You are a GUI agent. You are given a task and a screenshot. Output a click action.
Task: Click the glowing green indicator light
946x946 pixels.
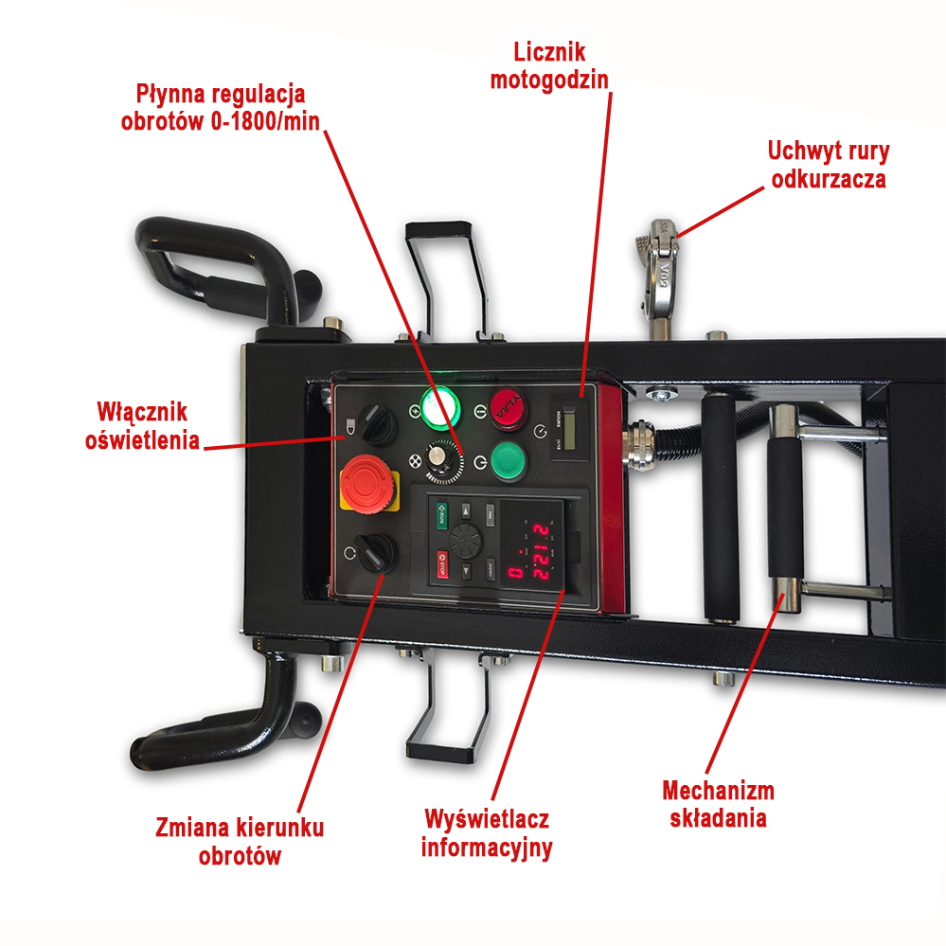(439, 409)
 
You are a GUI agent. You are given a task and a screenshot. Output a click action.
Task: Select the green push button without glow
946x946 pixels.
(509, 461)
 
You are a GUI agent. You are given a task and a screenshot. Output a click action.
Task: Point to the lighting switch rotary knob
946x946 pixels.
(377, 424)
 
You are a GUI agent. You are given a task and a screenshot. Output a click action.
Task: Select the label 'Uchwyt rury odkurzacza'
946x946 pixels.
(829, 165)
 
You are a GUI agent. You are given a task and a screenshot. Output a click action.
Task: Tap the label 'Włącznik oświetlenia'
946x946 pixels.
(142, 426)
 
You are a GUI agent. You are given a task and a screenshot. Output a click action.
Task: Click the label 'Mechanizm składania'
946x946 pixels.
(718, 804)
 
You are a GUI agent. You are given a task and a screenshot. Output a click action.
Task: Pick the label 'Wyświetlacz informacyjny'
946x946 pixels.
(487, 833)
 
